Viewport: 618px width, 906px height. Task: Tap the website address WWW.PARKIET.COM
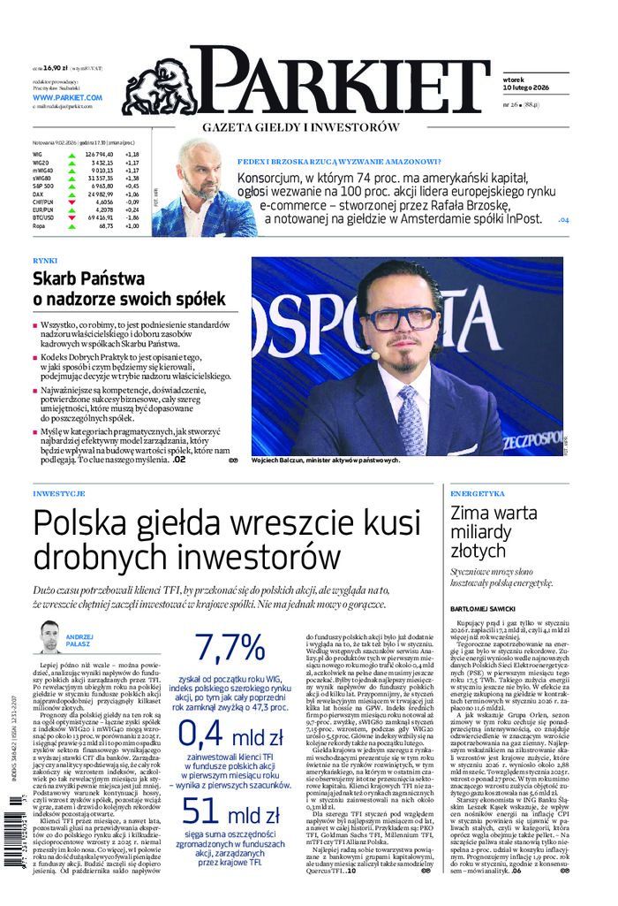[67, 96]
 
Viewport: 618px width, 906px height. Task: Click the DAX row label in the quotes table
[37, 194]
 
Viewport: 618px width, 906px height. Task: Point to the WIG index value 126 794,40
[101, 155]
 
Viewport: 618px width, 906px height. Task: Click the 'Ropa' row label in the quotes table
[38, 225]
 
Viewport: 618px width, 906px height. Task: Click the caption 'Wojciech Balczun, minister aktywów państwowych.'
[326, 461]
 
